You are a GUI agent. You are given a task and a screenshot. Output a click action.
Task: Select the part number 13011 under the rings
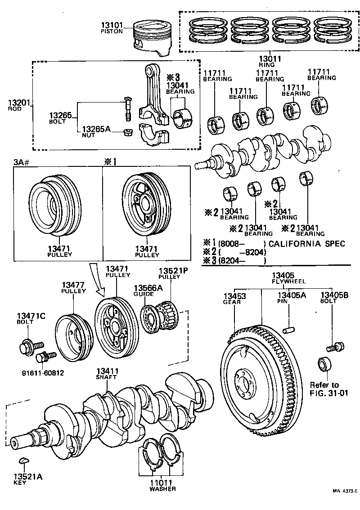[x=270, y=59]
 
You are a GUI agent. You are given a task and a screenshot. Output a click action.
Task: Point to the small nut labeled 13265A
[x=128, y=133]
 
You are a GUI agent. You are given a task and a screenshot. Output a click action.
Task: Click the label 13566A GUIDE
[x=144, y=291]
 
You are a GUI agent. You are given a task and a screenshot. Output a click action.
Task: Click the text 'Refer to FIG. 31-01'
[x=324, y=389]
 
